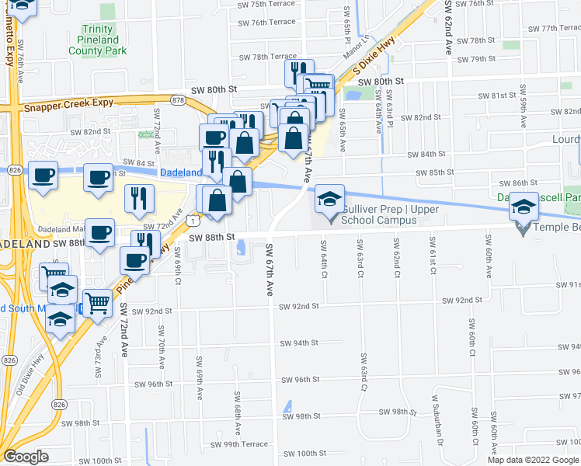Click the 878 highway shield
point(179,100)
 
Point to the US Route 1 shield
point(192,220)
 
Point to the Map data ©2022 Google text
point(533,460)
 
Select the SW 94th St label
point(300,343)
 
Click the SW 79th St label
point(476,59)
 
